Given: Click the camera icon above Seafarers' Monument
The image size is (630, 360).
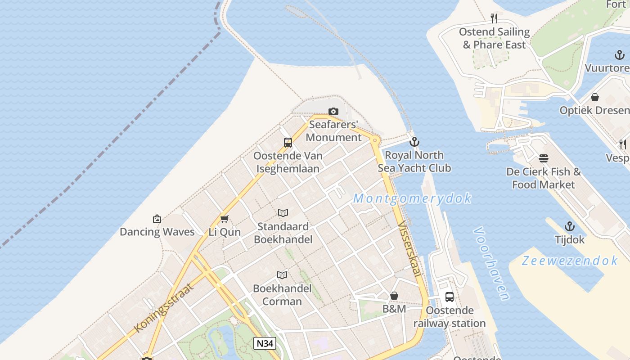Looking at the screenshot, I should coord(333,111).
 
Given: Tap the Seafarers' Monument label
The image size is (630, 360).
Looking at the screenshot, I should coord(333,131).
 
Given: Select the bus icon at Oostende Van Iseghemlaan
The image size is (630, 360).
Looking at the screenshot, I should coord(288,143).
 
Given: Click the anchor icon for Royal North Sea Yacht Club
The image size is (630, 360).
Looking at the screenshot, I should coord(414,142).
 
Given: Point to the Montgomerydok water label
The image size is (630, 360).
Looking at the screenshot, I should coord(412,198).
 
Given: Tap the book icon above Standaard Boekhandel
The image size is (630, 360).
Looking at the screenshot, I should coord(283,213).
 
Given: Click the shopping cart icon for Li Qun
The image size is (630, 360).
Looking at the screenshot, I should coord(224,219).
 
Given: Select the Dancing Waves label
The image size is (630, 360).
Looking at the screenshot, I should coord(157,232).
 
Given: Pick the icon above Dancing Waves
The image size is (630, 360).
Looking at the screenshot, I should coord(157,219).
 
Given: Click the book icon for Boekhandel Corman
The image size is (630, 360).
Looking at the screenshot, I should coord(282,275).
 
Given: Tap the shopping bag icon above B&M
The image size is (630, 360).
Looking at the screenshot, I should coord(394,296).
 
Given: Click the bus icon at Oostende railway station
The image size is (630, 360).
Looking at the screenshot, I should coord(449,297).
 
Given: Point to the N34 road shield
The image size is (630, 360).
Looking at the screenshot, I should coord(265,343).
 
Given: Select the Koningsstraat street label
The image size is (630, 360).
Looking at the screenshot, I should coord(164,308).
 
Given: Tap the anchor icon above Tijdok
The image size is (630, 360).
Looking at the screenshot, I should coord(570,226).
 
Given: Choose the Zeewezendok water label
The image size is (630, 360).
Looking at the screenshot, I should coord(570,261).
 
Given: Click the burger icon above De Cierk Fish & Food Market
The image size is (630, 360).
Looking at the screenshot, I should coord(544,158).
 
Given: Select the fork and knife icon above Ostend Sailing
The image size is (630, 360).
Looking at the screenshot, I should coord(494,18).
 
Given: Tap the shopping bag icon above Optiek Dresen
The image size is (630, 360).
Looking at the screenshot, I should coord(594,97).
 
